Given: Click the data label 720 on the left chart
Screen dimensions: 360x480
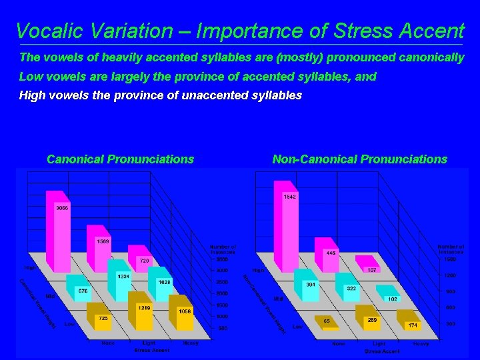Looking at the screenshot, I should click(x=143, y=261).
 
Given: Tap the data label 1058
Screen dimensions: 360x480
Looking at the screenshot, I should click(x=185, y=311).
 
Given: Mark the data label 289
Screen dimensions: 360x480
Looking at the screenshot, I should click(x=372, y=320).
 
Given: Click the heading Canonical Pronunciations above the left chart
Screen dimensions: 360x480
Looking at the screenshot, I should click(x=120, y=159).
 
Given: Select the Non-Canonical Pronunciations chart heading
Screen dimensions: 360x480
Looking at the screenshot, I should click(x=359, y=159).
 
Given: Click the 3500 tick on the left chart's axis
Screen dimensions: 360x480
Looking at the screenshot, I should click(x=222, y=259).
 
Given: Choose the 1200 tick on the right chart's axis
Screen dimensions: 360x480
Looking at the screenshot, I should click(x=450, y=275).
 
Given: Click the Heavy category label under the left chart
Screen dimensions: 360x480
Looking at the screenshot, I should click(x=191, y=343).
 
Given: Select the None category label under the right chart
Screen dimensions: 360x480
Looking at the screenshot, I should click(x=339, y=343).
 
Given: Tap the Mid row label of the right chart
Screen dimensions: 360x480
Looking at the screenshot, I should click(x=278, y=299).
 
